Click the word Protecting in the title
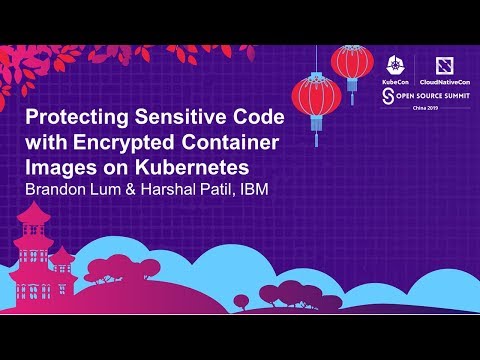click(77, 118)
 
